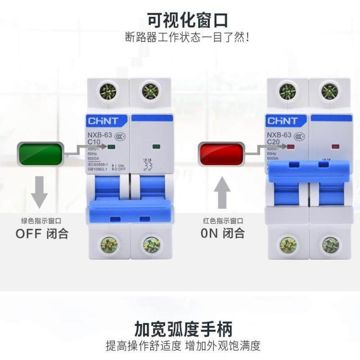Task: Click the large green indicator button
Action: tap(40, 154)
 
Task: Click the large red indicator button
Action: tap(222, 154)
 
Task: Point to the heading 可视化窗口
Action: tap(188, 20)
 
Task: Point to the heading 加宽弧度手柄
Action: tap(184, 329)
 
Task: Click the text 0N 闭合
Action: tap(222, 233)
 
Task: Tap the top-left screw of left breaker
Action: tap(108, 91)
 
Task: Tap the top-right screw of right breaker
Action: tap(330, 91)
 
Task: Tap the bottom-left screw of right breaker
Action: tap(288, 245)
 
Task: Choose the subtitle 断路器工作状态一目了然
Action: tap(188, 37)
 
